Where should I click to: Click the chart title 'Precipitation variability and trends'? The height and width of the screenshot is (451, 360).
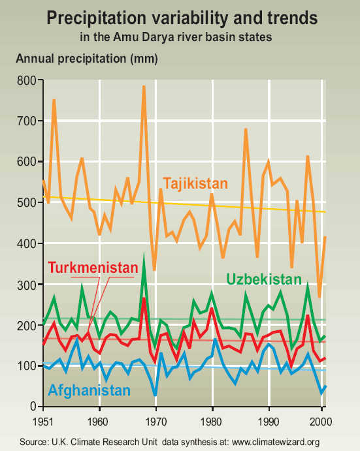(x=182, y=18)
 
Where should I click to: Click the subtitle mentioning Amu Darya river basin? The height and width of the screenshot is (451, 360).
(x=176, y=37)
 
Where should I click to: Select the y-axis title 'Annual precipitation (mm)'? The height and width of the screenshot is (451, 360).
(x=87, y=59)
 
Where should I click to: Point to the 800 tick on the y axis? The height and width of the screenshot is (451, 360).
(x=27, y=80)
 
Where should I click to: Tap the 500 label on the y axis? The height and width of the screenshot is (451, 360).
(x=27, y=203)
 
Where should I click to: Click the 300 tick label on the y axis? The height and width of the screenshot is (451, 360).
(x=27, y=285)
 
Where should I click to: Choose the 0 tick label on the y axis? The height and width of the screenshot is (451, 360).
(x=33, y=407)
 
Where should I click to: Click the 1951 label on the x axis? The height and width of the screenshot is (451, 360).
(x=43, y=422)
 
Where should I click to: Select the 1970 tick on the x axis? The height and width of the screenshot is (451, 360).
(x=155, y=422)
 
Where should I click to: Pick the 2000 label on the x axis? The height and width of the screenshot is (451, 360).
(x=321, y=422)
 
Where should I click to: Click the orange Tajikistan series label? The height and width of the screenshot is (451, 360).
(x=195, y=183)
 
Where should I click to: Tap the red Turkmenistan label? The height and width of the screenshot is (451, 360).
(x=93, y=268)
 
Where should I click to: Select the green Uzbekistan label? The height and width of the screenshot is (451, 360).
(x=264, y=279)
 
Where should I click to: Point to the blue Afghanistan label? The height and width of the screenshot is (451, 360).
(x=90, y=390)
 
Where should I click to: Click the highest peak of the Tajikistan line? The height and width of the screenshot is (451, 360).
(x=144, y=86)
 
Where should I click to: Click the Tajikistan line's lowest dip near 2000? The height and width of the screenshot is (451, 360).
(x=319, y=296)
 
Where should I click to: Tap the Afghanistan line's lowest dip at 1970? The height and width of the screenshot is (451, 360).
(x=155, y=395)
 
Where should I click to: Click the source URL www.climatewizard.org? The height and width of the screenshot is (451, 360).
(x=276, y=442)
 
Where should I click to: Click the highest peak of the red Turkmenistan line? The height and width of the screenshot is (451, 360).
(x=144, y=298)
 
